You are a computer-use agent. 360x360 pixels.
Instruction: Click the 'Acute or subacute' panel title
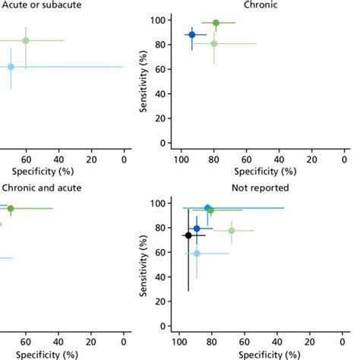coord(42,5)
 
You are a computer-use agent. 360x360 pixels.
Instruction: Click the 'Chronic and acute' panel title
coord(42,188)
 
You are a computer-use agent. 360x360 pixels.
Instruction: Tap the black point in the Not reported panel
coord(188,235)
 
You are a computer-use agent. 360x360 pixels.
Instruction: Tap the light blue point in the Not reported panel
coord(197,253)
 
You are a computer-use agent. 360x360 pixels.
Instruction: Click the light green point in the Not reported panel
coord(232,230)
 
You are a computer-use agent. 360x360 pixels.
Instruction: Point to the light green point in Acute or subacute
coord(25,40)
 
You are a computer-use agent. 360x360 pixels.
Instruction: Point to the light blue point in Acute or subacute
coord(11,67)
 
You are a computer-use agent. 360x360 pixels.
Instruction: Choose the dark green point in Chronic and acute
coord(11,208)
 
